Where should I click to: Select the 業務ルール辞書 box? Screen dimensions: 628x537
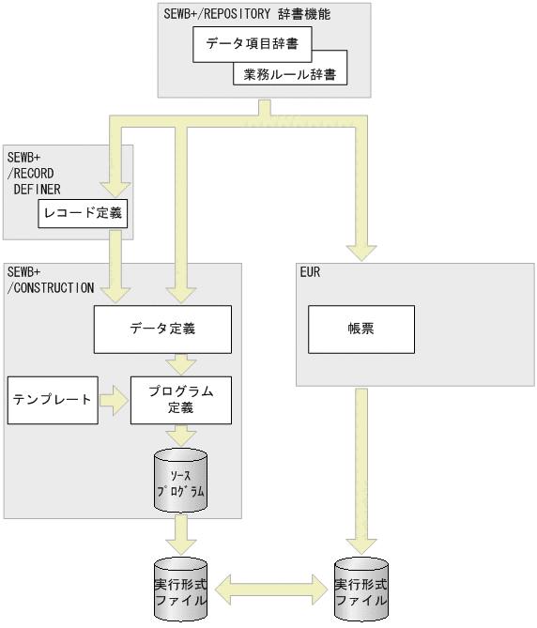coord(290,74)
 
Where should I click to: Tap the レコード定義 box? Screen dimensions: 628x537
coord(83,214)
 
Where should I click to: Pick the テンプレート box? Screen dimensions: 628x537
coord(52,400)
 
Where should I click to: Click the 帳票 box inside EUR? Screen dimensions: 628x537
coord(361,330)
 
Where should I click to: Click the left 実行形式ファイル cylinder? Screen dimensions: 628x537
coord(181,592)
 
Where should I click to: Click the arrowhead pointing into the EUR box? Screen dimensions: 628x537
coord(361,251)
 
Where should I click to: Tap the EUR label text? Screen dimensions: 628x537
coord(310,273)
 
